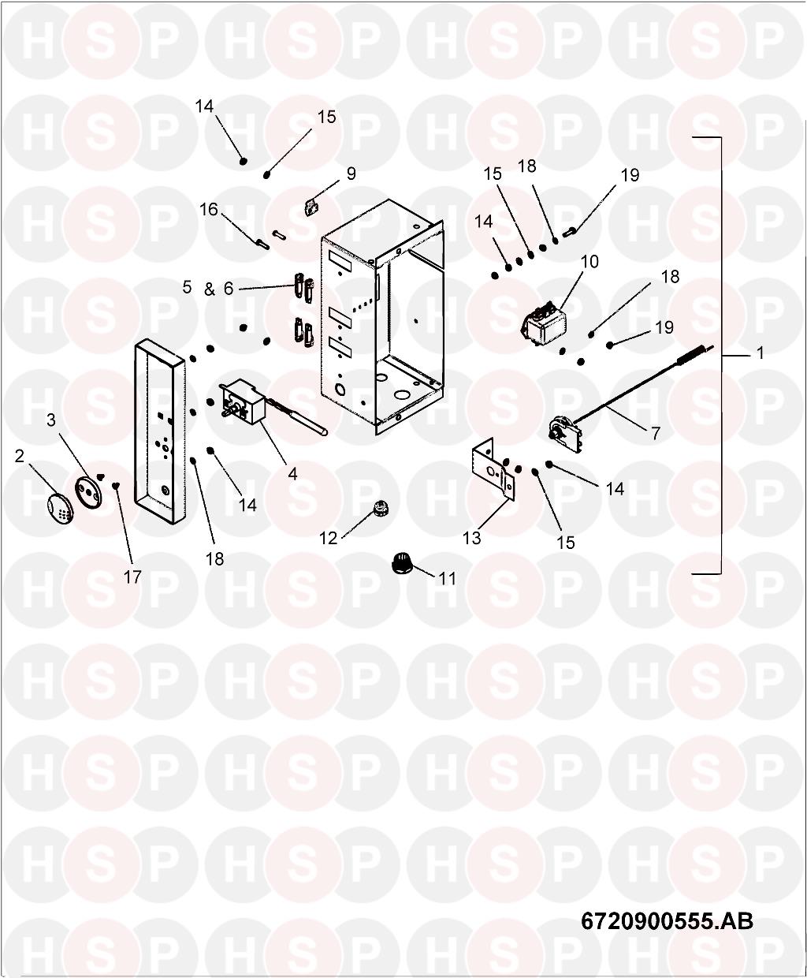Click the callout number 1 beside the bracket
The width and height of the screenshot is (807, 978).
(x=760, y=353)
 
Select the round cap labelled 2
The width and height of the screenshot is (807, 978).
(x=56, y=506)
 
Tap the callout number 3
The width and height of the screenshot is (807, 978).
(x=51, y=420)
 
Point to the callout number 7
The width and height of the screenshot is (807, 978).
(x=655, y=433)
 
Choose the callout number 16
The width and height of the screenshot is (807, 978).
(x=208, y=210)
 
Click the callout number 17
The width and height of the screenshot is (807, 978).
(x=132, y=577)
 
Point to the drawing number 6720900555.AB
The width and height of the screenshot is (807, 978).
(x=667, y=920)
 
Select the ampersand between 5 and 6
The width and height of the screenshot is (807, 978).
(x=209, y=289)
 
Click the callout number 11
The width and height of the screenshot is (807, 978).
(x=447, y=578)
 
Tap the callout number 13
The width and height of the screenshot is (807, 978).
(x=471, y=538)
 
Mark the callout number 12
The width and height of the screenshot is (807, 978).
(x=328, y=538)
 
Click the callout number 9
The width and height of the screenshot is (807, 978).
(x=351, y=174)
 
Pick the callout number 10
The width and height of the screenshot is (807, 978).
(x=590, y=262)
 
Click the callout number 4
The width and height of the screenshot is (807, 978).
(x=292, y=474)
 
